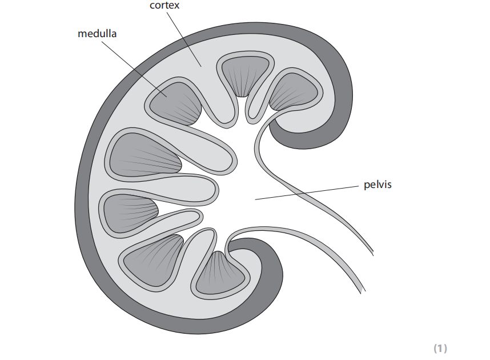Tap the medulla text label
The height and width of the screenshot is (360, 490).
pyautogui.click(x=97, y=33)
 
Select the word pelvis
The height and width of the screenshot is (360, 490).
pyautogui.click(x=377, y=185)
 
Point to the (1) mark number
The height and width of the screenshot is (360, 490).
pyautogui.click(x=440, y=347)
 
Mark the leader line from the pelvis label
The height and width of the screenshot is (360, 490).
pyautogui.click(x=308, y=192)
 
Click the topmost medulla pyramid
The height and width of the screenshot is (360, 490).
pyautogui.click(x=244, y=74)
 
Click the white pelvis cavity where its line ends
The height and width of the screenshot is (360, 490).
pyautogui.click(x=256, y=199)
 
